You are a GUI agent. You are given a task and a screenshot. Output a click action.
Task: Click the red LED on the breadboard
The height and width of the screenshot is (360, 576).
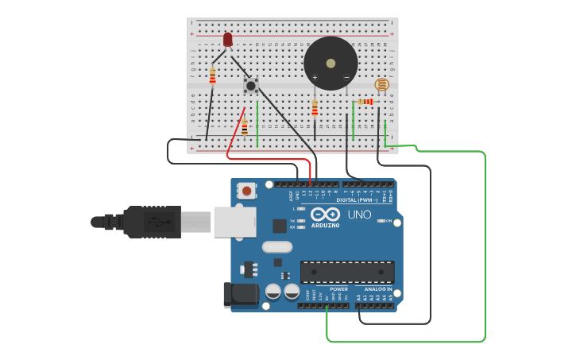point(228,39)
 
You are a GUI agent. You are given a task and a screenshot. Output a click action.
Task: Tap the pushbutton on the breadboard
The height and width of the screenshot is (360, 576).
point(251,85)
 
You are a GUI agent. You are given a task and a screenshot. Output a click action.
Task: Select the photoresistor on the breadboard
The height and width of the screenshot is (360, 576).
point(382,84)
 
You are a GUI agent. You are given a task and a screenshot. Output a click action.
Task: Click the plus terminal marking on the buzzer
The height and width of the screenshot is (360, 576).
point(315,77)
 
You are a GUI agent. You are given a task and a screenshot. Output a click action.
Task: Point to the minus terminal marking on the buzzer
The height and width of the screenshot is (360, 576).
point(346,77)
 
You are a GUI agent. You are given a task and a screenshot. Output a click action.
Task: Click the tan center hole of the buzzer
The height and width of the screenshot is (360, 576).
point(331,62)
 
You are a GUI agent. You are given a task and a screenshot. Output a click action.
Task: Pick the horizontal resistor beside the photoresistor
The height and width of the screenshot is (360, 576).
point(365,102)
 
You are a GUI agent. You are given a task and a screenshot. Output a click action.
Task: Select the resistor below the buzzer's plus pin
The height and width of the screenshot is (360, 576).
point(315,107)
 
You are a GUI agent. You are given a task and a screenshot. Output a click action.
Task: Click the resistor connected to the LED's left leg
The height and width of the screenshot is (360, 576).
point(212,76)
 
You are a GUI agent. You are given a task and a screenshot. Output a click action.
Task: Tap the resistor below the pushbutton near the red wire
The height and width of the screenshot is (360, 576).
point(245,126)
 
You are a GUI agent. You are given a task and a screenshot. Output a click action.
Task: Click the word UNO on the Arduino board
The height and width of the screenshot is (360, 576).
point(359,215)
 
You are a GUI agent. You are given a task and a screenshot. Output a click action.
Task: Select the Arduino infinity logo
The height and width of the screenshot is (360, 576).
point(326,215)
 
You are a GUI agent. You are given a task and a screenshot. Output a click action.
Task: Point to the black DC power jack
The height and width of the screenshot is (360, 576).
point(240,295)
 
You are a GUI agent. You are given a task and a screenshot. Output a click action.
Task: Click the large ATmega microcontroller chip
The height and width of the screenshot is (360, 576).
point(346,272)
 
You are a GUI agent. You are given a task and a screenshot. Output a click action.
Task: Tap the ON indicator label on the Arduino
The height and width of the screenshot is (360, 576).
point(389,221)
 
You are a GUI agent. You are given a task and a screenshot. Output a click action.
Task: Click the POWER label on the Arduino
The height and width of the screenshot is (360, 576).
point(338,289)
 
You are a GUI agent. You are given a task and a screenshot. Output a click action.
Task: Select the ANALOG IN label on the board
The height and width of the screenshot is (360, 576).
point(378,289)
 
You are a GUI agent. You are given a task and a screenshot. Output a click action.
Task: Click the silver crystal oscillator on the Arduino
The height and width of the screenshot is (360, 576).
point(276,247)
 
